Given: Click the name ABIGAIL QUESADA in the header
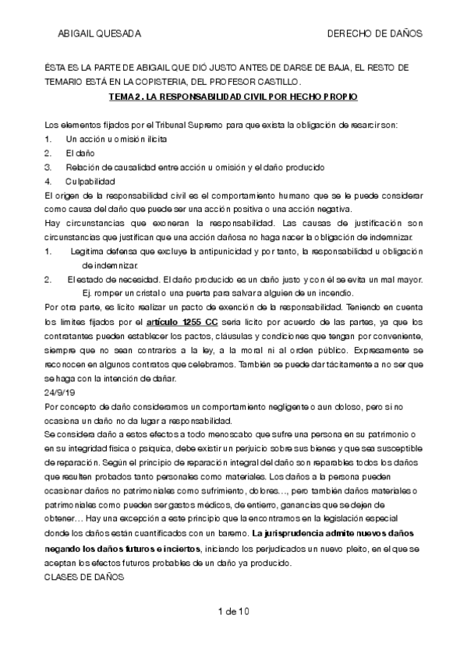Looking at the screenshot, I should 98,34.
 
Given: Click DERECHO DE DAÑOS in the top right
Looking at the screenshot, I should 374,34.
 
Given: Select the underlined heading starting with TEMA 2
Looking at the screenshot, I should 234,97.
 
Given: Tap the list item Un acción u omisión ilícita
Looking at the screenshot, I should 115,138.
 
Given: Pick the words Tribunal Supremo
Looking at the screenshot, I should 186,125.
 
